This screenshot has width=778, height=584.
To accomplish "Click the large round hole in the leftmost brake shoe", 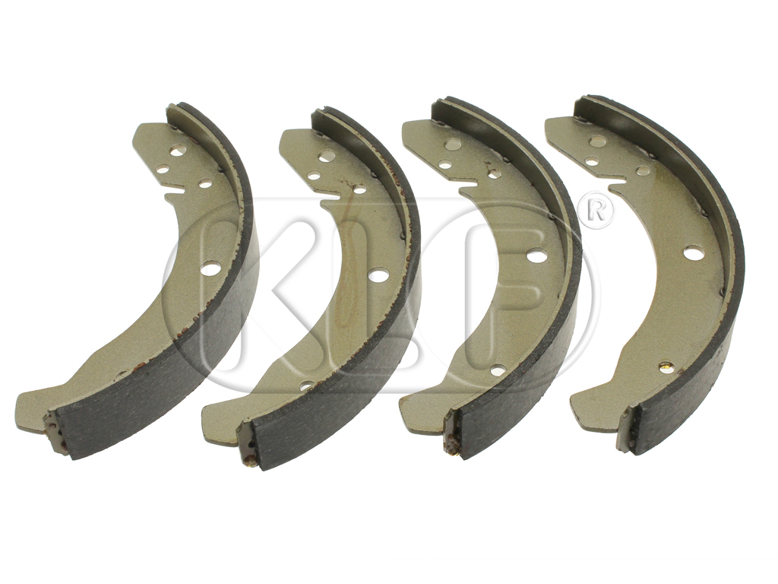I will (210, 268).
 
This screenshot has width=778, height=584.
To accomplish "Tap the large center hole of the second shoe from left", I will (378, 275).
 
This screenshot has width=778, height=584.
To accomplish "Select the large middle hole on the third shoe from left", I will (536, 256).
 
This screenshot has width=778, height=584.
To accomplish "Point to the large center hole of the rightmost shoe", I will (693, 252).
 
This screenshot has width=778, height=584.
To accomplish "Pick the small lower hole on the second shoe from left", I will (306, 386).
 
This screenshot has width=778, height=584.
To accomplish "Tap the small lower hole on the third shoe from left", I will (498, 370).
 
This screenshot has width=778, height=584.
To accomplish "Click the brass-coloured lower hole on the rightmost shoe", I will (666, 367).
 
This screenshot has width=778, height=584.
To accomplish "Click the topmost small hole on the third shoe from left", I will (452, 144).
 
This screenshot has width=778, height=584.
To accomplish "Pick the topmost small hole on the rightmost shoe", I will (599, 141).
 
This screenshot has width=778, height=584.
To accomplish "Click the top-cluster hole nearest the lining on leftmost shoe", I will (205, 183).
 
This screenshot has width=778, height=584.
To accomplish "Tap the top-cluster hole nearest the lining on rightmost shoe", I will (643, 170).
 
